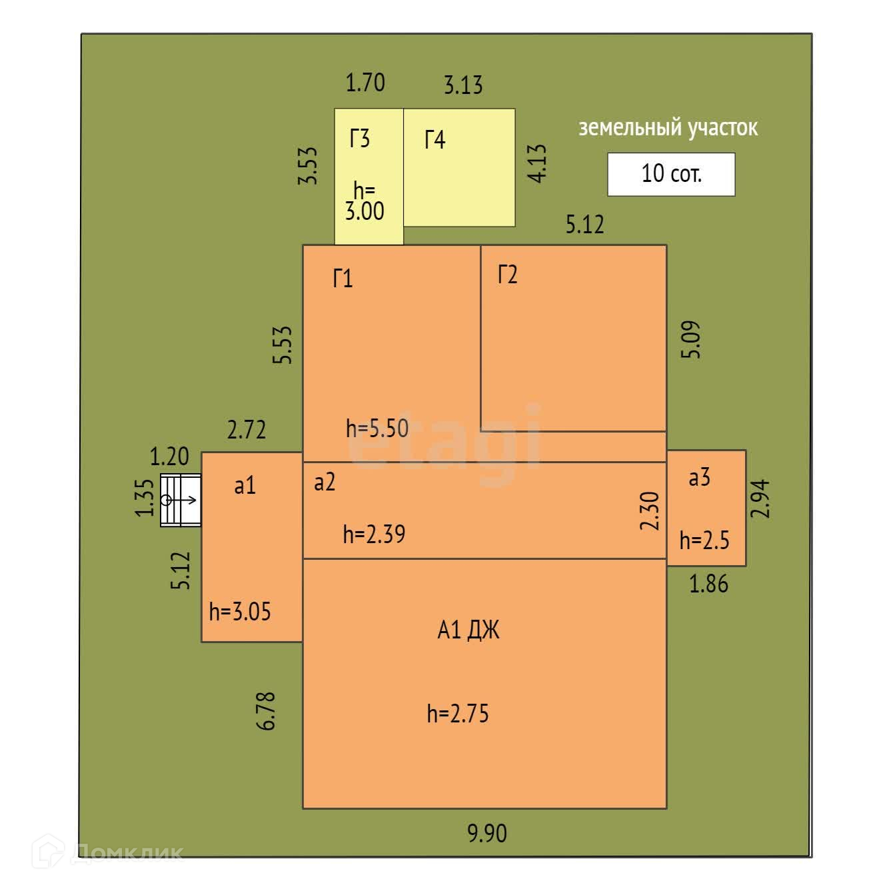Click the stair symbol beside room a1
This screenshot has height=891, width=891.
181,500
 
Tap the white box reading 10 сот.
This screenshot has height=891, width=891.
671,174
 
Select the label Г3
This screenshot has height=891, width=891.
360,139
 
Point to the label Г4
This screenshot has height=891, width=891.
435,140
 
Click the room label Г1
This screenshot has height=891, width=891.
343,278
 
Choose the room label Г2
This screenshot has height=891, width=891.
507,274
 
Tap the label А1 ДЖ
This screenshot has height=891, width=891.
468,630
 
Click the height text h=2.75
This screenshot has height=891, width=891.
458,714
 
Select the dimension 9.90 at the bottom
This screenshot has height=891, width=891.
486,833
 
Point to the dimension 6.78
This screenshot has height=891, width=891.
266,711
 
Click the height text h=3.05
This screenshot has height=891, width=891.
240,611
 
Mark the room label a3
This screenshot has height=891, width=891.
699,477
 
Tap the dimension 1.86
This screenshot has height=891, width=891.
708,584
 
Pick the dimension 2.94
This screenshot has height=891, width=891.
760,498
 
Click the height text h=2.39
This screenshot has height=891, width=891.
374,534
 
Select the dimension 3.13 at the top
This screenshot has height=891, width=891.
463,85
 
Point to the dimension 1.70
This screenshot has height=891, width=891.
365,83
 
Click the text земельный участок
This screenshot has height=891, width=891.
668,127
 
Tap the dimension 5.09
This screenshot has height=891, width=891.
691,340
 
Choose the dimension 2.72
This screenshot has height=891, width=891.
247,430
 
